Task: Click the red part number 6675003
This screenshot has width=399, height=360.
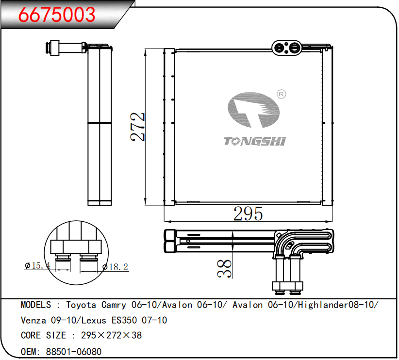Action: (57, 15)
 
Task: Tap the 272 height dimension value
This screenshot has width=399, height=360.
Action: (137, 127)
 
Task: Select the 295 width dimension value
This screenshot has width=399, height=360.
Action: (248, 213)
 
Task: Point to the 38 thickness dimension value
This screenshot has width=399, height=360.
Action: (224, 268)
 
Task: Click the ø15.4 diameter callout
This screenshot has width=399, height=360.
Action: (37, 265)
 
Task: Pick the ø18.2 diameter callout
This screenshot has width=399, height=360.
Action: (115, 267)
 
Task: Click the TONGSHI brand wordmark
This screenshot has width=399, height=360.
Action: (255, 142)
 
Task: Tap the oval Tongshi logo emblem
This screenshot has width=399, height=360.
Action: (253, 110)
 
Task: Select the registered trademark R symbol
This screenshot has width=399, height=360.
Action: (281, 94)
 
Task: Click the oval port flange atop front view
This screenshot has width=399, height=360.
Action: (286, 48)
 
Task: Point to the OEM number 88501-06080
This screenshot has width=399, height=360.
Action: (74, 352)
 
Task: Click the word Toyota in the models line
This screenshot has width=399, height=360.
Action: (81, 305)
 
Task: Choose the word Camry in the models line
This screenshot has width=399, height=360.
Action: (114, 305)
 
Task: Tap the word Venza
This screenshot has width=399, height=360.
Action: (33, 320)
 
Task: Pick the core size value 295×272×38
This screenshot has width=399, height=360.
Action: (112, 335)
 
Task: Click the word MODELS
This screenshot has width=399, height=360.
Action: (36, 305)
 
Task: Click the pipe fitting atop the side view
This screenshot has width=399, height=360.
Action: (66, 48)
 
